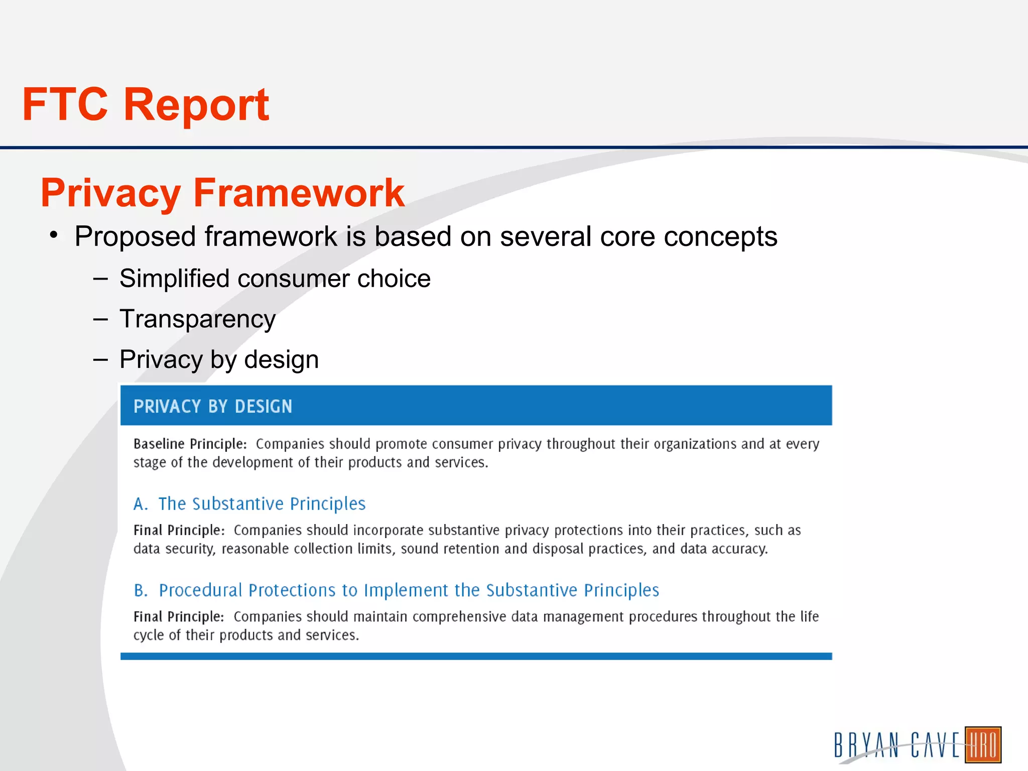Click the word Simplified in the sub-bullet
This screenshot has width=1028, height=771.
(x=174, y=279)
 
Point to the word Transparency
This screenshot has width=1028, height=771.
(x=197, y=319)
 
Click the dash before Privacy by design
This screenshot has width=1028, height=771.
(x=100, y=359)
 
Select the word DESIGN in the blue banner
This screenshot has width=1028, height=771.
(x=263, y=406)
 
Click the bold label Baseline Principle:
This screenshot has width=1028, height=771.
(x=190, y=444)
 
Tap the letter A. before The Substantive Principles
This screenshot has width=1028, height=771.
(x=141, y=504)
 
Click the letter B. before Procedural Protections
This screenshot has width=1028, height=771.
(x=141, y=590)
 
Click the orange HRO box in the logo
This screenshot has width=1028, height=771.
(x=983, y=745)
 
